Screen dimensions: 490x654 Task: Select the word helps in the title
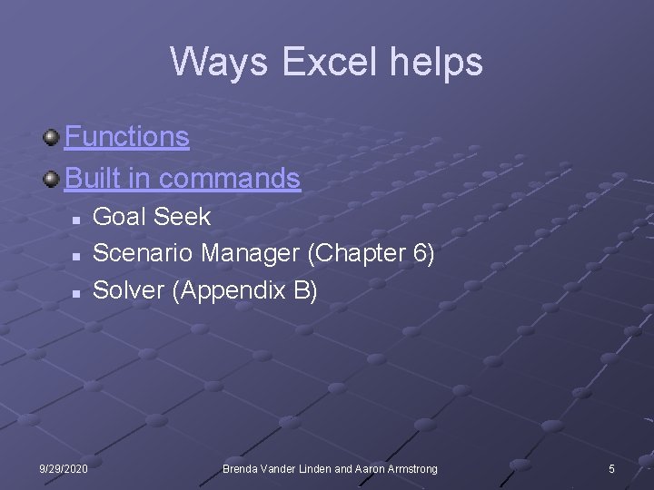[444, 63]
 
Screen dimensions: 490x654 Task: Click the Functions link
[127, 137]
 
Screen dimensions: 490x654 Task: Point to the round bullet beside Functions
[53, 137]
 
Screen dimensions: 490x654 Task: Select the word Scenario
[144, 254]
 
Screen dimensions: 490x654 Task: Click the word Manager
[251, 254]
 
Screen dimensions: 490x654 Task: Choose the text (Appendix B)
[243, 291]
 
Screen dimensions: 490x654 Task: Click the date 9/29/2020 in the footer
[64, 468]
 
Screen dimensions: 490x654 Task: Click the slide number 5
[611, 468]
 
